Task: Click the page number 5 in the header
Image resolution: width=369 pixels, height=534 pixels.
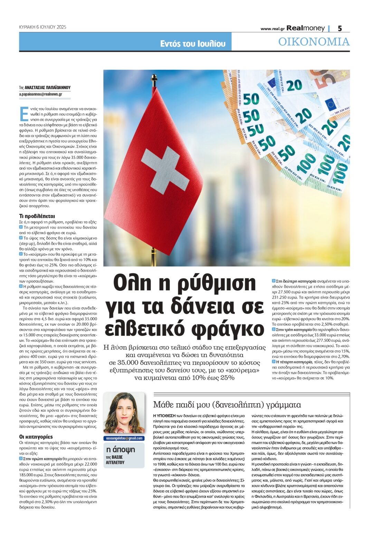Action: [x=340, y=28]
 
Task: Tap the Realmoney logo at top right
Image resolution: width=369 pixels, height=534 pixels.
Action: [x=305, y=28]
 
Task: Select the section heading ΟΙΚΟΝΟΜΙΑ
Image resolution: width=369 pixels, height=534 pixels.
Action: [x=314, y=42]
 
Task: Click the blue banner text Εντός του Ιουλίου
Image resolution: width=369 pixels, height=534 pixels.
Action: [x=192, y=43]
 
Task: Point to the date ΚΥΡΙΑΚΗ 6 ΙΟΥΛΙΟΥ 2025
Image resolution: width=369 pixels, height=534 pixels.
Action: [x=42, y=27]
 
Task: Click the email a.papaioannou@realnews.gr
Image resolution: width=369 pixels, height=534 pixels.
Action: [x=40, y=94]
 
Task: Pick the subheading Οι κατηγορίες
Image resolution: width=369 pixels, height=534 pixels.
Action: [x=36, y=437]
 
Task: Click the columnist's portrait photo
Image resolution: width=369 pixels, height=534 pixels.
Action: [x=124, y=413]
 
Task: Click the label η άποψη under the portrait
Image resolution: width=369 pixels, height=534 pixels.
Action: [x=120, y=449]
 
